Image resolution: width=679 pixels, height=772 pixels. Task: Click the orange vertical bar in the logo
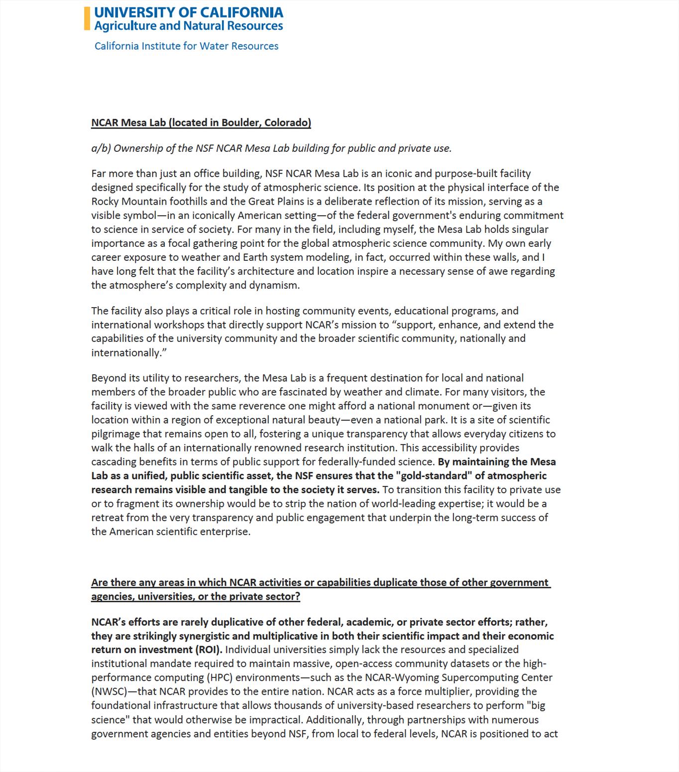pyautogui.click(x=87, y=18)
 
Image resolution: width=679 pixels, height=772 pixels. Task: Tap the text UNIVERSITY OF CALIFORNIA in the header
pyautogui.click(x=189, y=12)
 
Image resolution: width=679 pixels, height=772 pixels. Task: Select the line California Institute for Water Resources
pyautogui.click(x=186, y=46)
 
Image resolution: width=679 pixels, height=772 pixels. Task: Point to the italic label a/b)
pyautogui.click(x=101, y=148)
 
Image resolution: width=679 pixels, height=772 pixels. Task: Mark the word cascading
pyautogui.click(x=113, y=462)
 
